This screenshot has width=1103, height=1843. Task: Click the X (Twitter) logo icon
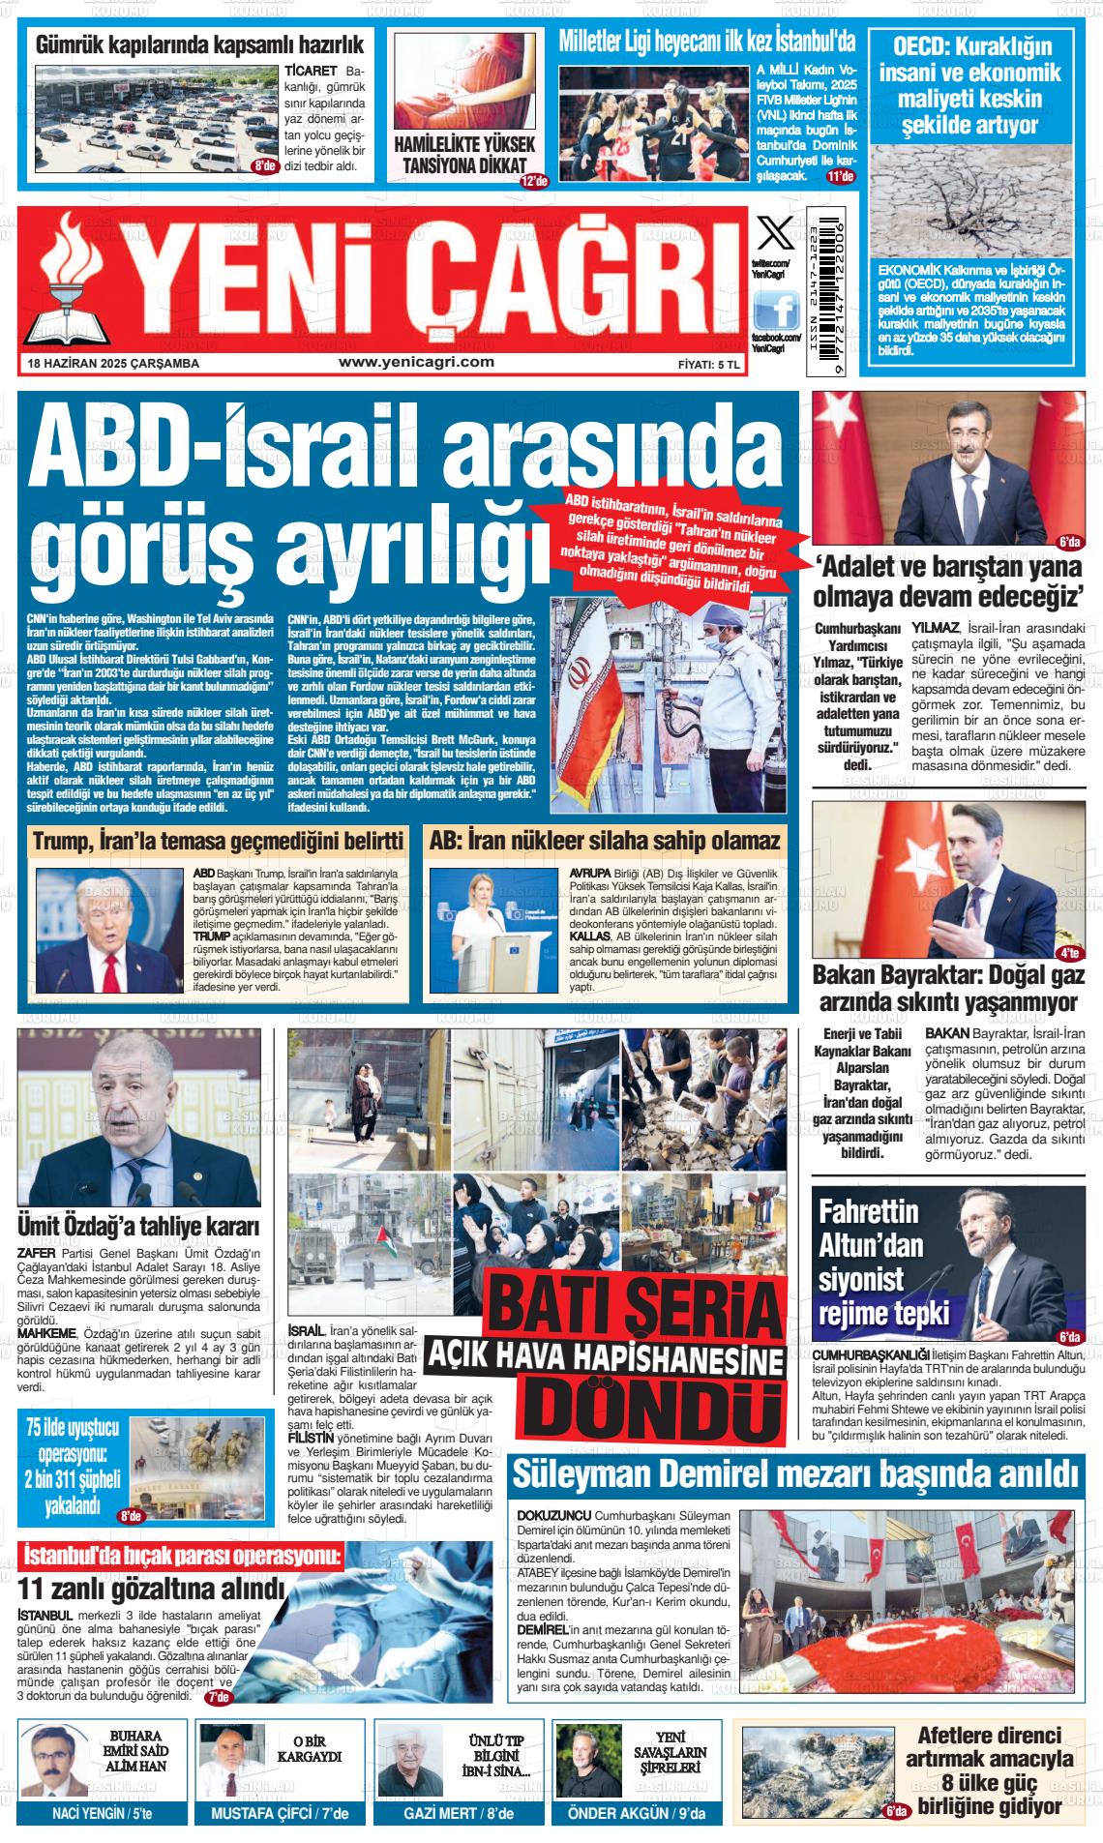(773, 235)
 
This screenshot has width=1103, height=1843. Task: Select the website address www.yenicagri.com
(416, 362)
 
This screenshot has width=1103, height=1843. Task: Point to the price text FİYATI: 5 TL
(709, 364)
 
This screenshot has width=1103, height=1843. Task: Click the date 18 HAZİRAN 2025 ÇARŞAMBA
(114, 364)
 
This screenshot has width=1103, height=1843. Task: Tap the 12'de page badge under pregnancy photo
(534, 181)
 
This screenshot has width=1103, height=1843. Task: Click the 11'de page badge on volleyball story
(840, 176)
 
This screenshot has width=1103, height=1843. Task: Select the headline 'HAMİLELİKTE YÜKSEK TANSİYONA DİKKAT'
(464, 155)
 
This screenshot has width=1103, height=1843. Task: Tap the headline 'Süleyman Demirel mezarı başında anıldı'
(794, 1474)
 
